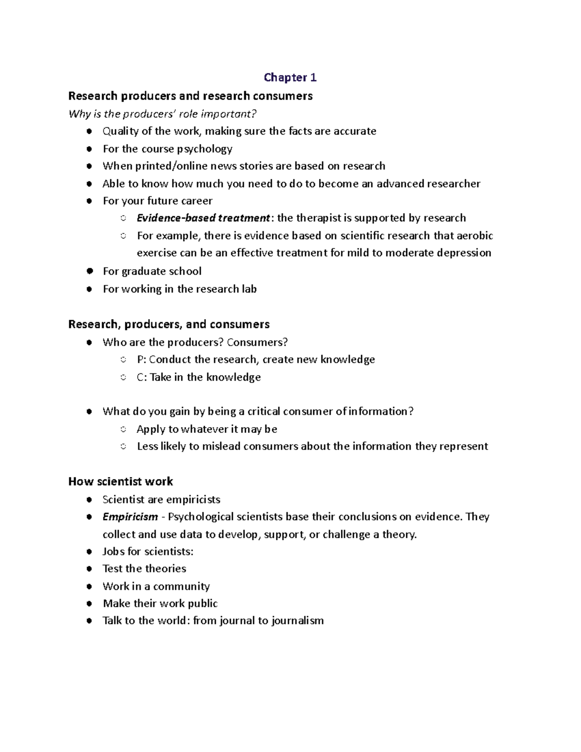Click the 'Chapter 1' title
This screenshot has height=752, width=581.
tap(290, 77)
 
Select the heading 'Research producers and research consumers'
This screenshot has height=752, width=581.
tap(190, 96)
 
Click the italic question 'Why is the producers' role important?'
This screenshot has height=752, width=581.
tap(162, 114)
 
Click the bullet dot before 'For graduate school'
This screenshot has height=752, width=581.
tap(89, 271)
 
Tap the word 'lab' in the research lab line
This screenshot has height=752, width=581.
tap(249, 289)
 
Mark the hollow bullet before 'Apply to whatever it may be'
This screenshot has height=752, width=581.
tap(123, 430)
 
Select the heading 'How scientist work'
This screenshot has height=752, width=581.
tap(121, 481)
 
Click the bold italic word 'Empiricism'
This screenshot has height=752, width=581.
tap(130, 517)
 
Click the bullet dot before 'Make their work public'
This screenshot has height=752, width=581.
tap(89, 604)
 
